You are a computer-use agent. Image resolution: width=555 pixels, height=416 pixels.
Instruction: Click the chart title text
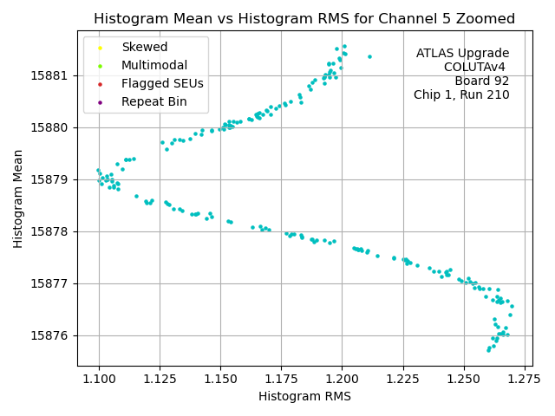coord(304,18)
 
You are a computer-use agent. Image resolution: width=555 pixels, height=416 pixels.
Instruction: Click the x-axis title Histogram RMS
coord(304,396)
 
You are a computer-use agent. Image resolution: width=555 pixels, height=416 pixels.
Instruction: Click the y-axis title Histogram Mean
coord(18,198)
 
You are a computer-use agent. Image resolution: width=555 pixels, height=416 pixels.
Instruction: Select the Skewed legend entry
coord(144,47)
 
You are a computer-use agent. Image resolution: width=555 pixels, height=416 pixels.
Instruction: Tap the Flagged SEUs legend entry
coord(162,83)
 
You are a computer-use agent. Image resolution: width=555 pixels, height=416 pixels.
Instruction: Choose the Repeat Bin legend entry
coord(153,101)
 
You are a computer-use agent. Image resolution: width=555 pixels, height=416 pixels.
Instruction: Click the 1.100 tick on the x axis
coord(99,378)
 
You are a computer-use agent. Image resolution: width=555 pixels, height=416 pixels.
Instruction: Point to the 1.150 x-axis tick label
coord(220,378)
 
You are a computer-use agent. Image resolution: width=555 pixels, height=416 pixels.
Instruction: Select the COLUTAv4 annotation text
coord(474,67)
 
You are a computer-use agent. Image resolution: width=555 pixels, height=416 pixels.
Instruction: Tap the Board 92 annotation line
coord(481,81)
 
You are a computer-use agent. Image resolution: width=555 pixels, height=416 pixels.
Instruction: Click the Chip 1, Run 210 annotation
coord(461,94)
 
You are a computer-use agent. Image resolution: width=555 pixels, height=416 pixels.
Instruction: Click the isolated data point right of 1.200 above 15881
coord(369,57)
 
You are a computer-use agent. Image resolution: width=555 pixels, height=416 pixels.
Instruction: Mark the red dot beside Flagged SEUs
coord(101,84)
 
